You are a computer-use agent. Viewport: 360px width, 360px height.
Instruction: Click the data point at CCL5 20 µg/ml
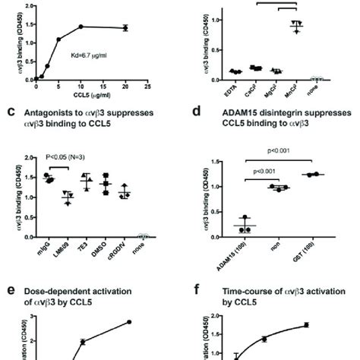pyautogui.click(x=125, y=28)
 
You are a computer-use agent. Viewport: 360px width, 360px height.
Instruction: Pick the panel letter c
pyautogui.click(x=11, y=111)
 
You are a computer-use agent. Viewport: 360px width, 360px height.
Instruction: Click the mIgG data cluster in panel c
pyautogui.click(x=49, y=178)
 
